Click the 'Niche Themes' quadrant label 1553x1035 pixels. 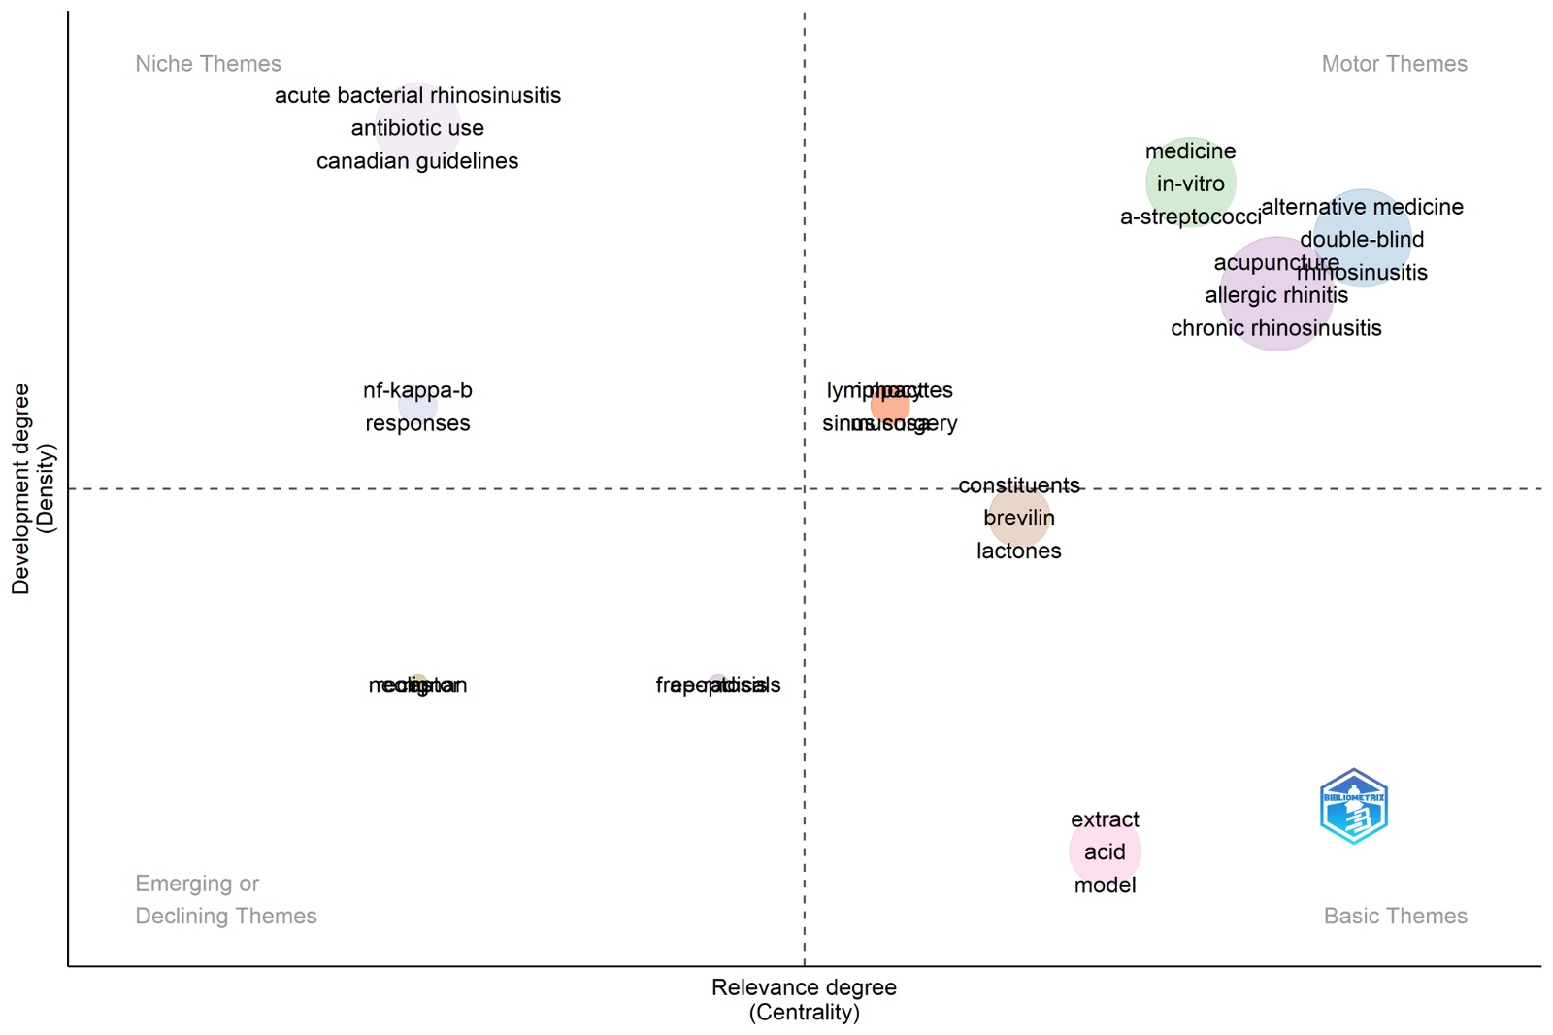[208, 64]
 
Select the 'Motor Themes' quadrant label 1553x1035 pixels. [1394, 64]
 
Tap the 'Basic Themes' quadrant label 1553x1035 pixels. [1395, 916]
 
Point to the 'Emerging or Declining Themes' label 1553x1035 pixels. [225, 900]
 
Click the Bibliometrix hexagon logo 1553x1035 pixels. [1354, 806]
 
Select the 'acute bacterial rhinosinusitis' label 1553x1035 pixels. [417, 96]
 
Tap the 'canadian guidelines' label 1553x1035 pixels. [417, 161]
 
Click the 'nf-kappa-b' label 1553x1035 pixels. [417, 390]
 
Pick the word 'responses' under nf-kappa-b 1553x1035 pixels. [417, 423]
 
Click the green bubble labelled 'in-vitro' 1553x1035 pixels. [1190, 184]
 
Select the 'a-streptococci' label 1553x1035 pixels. [1190, 217]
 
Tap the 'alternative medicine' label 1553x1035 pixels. [1362, 207]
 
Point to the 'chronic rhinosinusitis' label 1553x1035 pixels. [1275, 328]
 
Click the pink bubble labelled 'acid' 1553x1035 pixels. [1105, 851]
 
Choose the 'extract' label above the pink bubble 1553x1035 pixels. [1105, 819]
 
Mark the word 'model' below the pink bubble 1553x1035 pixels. [1105, 885]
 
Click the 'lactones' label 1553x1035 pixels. [1018, 551]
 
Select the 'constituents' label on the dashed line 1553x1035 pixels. [1018, 485]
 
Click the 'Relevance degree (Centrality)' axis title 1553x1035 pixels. [804, 999]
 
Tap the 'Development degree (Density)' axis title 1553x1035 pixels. [33, 488]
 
